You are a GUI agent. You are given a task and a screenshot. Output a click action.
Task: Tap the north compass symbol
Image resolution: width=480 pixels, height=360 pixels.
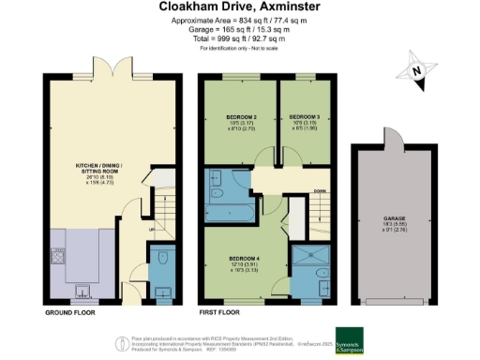coord(419,70)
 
